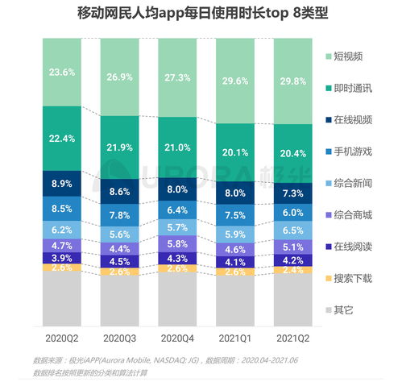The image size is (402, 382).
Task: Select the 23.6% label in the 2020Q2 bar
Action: [x=63, y=72]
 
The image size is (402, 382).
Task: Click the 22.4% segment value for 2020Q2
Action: [x=63, y=139]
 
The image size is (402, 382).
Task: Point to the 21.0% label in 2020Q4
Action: [x=177, y=147]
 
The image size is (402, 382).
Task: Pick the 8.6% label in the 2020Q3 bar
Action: [x=120, y=192]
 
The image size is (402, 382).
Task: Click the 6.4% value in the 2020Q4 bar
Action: [x=177, y=210]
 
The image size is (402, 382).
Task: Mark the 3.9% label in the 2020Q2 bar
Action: [x=63, y=257]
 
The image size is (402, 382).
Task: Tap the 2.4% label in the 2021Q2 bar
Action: [x=293, y=270]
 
